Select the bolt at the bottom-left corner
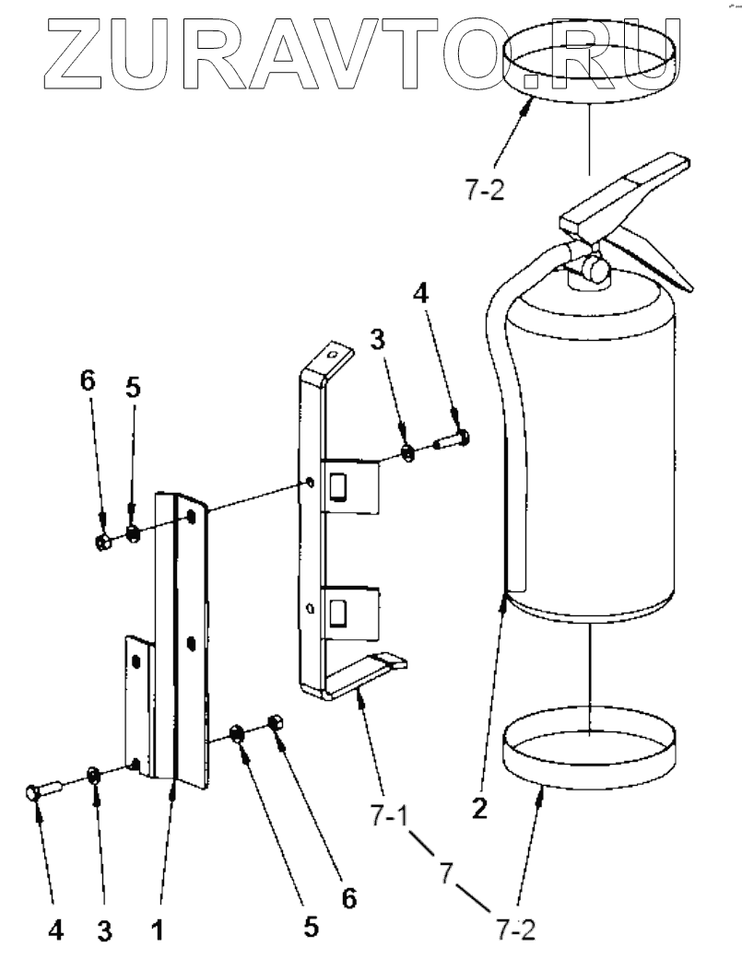tap(42, 790)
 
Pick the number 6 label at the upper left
tap(88, 382)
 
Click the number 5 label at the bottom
tap(311, 926)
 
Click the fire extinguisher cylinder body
tap(590, 461)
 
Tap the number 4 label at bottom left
tap(56, 930)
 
